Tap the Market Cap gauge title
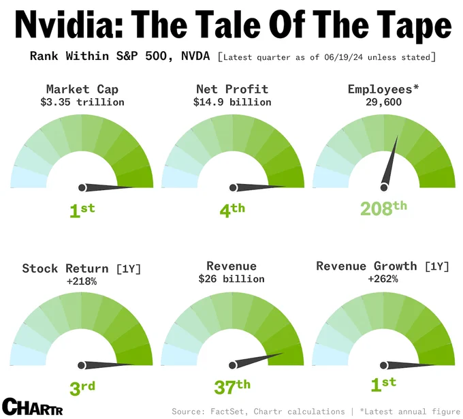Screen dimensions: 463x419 click(x=82, y=89)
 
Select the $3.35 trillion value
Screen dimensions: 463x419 click(x=82, y=102)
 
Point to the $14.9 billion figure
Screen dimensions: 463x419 click(x=232, y=102)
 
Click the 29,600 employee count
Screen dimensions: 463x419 click(x=383, y=102)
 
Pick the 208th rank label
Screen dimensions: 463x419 click(x=383, y=208)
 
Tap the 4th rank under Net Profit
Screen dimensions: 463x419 click(x=232, y=210)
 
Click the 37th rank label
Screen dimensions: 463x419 click(x=232, y=387)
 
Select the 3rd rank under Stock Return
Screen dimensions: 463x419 click(x=82, y=388)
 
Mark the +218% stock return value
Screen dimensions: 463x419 click(x=82, y=281)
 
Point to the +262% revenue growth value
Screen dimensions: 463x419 click(x=383, y=279)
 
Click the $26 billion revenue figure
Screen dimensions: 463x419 click(x=231, y=279)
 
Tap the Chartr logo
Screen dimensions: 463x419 click(x=33, y=407)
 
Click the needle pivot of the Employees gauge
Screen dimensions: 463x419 click(x=384, y=187)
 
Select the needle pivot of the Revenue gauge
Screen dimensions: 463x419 click(x=232, y=365)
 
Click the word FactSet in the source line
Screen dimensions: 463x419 click(x=227, y=412)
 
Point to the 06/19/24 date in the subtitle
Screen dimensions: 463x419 click(x=343, y=57)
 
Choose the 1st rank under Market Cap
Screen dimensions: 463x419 click(x=82, y=211)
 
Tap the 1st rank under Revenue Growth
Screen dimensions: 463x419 click(x=383, y=384)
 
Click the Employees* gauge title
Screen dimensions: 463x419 click(x=383, y=89)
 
